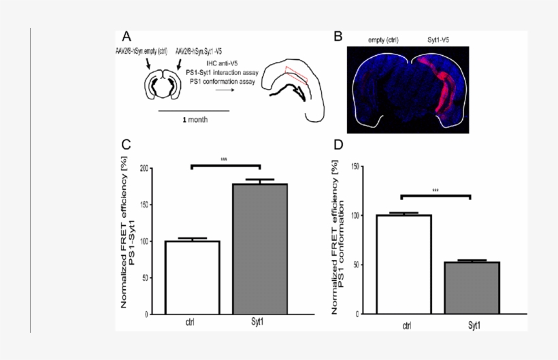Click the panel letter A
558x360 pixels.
tap(127, 35)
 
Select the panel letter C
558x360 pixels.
tap(127, 144)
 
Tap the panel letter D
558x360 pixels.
tap(338, 144)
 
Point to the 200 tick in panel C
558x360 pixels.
tap(142, 167)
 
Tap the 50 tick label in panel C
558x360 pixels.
tap(144, 278)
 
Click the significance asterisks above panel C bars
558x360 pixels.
tap(224, 160)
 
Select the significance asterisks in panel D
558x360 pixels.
tap(436, 191)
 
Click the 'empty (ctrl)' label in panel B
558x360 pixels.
tap(382, 41)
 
